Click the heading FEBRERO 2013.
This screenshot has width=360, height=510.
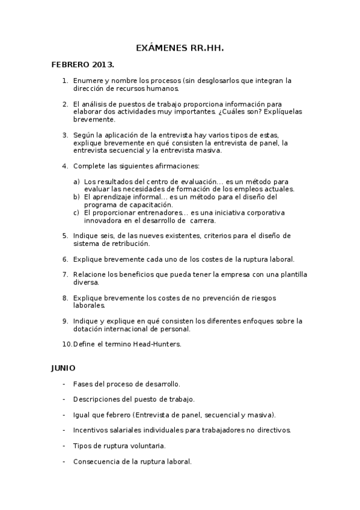coord(83,64)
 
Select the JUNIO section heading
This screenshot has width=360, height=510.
coord(63,367)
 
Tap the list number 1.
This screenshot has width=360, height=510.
coord(65,80)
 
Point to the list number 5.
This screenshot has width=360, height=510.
coord(65,236)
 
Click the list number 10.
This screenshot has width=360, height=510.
coord(67,345)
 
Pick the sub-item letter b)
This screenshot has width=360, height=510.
coord(76,197)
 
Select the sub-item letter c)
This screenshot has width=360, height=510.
coord(76,212)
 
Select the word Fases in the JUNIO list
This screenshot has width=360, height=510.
coord(83,384)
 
